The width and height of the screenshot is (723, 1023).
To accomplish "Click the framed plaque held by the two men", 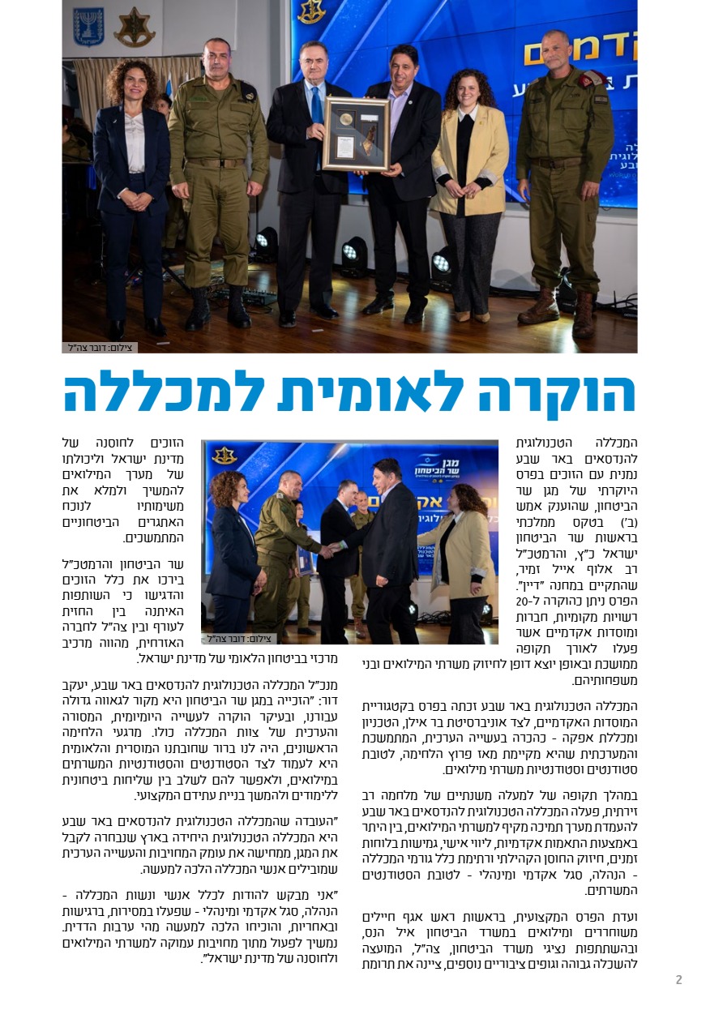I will (356, 134).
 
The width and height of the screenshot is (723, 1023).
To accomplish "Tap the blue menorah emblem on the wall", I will (88, 26).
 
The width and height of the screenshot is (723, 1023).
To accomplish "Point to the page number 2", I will (678, 980).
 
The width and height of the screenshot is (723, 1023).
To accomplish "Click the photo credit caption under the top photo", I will (100, 348).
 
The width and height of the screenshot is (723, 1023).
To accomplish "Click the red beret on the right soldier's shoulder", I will (591, 78).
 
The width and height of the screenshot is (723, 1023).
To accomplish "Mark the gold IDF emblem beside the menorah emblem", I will (134, 27).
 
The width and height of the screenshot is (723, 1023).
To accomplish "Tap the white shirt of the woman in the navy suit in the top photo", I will (134, 142).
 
